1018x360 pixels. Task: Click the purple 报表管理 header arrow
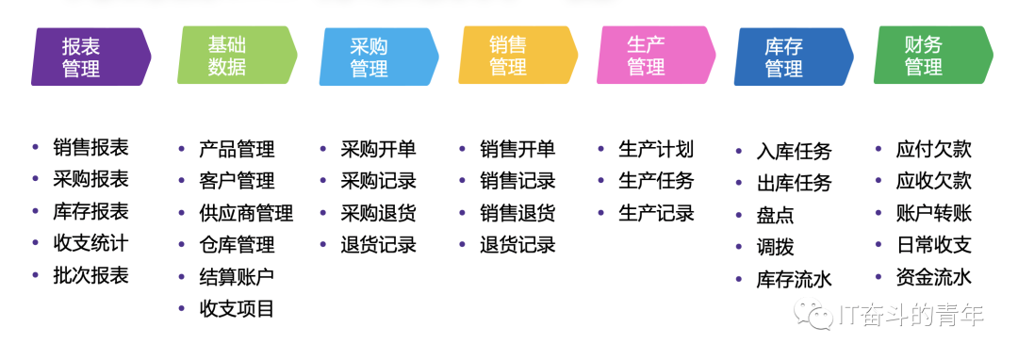[90, 57]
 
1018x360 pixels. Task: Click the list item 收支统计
[90, 243]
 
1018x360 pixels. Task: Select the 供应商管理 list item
[246, 213]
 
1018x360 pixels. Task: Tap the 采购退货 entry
[378, 213]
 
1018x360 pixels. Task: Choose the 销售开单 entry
[517, 149]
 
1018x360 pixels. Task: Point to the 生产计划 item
[656, 149]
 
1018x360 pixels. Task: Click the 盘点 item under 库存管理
[775, 215]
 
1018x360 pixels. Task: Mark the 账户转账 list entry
[933, 213]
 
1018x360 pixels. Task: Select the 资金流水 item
[933, 277]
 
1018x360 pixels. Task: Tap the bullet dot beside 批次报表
[36, 275]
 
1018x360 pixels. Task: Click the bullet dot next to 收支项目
[182, 308]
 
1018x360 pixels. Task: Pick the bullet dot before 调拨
[739, 247]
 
